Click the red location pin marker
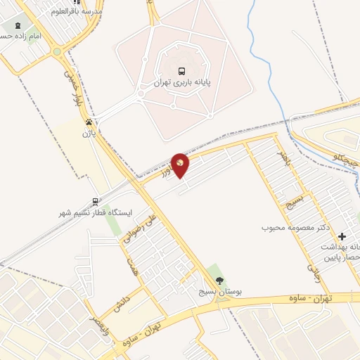point(181,165)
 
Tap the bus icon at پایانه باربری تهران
point(182,71)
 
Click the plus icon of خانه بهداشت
point(343,237)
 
